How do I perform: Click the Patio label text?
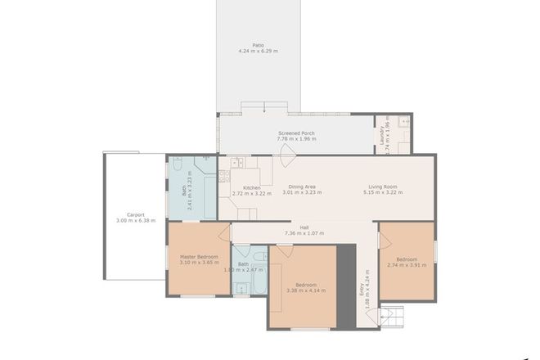tap(258, 45)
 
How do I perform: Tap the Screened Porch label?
tap(296, 133)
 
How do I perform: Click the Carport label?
tap(130, 214)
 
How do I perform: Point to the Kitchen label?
tap(251, 187)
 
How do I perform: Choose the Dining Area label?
tap(302, 187)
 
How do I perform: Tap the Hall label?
tap(304, 227)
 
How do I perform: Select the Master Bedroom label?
tap(199, 257)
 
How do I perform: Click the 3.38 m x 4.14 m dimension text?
tap(302, 290)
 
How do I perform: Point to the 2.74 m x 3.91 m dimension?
tap(407, 264)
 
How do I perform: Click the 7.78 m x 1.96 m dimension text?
tap(296, 140)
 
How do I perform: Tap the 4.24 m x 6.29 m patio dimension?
tap(258, 52)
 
